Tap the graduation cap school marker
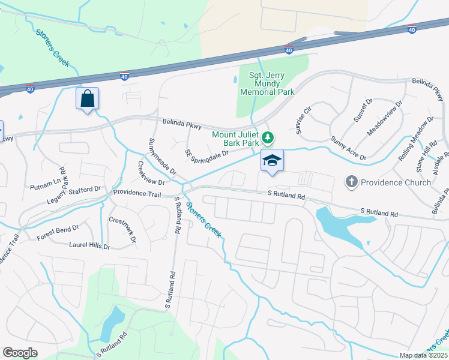[272, 160]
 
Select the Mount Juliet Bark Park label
[235, 139]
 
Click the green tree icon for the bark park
[269, 139]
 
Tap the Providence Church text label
[396, 182]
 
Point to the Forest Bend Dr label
[58, 229]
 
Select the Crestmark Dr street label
[123, 229]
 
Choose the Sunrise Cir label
[304, 116]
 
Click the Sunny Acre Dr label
[348, 148]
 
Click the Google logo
[20, 353]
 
